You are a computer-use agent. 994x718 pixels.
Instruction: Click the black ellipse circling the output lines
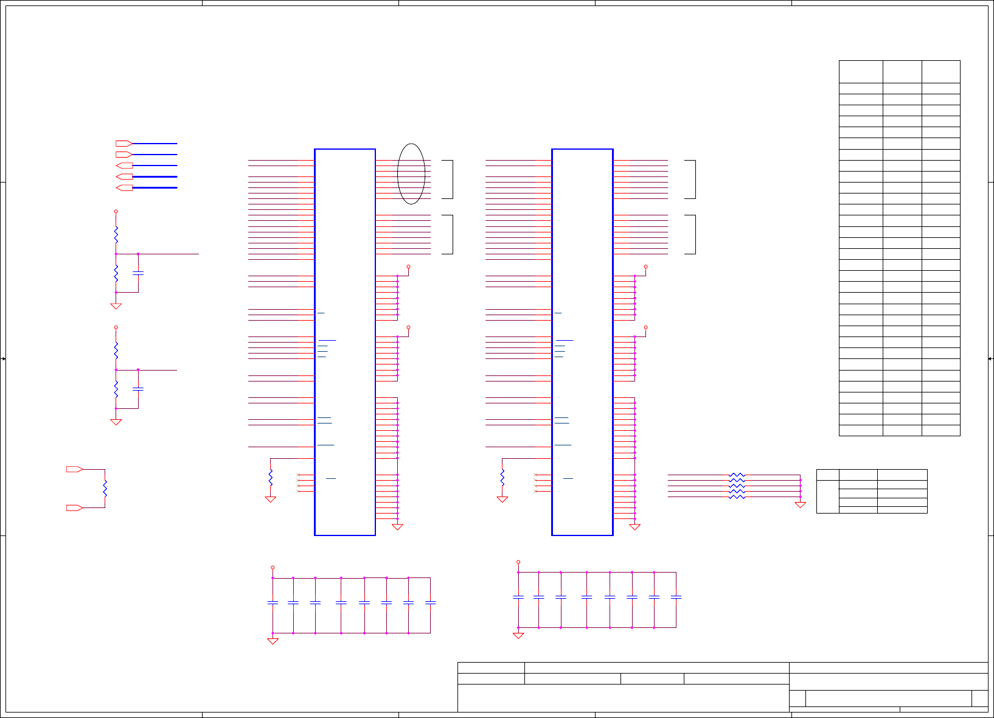pyautogui.click(x=411, y=174)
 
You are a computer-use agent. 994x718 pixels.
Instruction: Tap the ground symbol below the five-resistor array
pyautogui.click(x=800, y=504)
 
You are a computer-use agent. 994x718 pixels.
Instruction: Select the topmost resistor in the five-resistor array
pyautogui.click(x=737, y=475)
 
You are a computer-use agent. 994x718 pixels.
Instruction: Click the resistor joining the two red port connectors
pyautogui.click(x=105, y=488)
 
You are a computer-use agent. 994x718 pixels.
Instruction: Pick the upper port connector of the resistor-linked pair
pyautogui.click(x=74, y=469)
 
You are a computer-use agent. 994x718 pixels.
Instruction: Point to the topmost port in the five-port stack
pyautogui.click(x=124, y=144)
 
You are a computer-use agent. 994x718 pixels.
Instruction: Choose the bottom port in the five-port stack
pyautogui.click(x=124, y=187)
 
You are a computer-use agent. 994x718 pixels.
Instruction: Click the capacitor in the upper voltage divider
pyautogui.click(x=138, y=273)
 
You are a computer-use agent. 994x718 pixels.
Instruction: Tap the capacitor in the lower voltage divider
pyautogui.click(x=138, y=388)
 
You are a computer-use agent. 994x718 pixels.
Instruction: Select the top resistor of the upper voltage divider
pyautogui.click(x=116, y=234)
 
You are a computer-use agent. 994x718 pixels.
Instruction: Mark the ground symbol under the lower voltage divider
pyautogui.click(x=116, y=422)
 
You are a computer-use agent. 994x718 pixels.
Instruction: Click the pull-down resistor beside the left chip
pyautogui.click(x=271, y=477)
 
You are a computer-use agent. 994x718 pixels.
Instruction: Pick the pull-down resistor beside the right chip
pyautogui.click(x=502, y=477)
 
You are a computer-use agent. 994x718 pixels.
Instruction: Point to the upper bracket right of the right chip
pyautogui.click(x=690, y=179)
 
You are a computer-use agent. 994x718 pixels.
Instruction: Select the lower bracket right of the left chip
pyautogui.click(x=448, y=234)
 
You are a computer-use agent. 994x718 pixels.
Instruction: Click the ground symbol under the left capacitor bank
pyautogui.click(x=273, y=641)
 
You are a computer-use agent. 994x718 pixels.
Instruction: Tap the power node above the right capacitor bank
pyautogui.click(x=518, y=562)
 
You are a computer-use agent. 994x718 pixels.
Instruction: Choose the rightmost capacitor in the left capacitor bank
pyautogui.click(x=430, y=602)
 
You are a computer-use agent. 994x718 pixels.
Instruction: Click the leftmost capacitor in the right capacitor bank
pyautogui.click(x=518, y=597)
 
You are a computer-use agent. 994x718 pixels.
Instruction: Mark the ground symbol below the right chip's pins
pyautogui.click(x=634, y=527)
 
